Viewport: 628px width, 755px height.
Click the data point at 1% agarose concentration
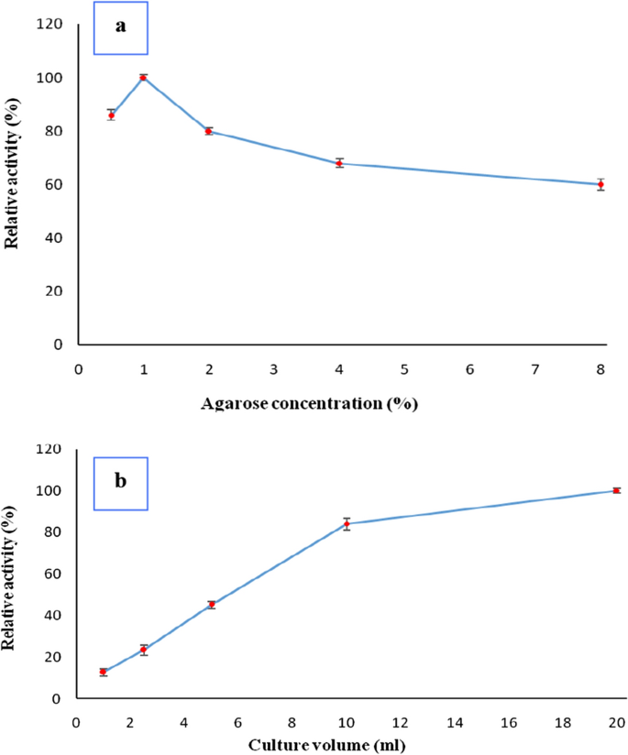143,78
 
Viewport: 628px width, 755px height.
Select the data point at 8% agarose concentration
600,184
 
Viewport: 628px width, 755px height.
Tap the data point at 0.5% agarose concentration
111,115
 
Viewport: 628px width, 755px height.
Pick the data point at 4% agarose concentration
339,163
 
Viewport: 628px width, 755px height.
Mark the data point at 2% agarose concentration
208,131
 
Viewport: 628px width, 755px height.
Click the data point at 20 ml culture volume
617,490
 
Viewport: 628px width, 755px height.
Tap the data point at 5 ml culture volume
212,605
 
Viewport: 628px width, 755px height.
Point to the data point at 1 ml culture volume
104,672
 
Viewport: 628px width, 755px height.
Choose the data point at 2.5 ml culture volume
144,650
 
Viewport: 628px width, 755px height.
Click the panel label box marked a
120,27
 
